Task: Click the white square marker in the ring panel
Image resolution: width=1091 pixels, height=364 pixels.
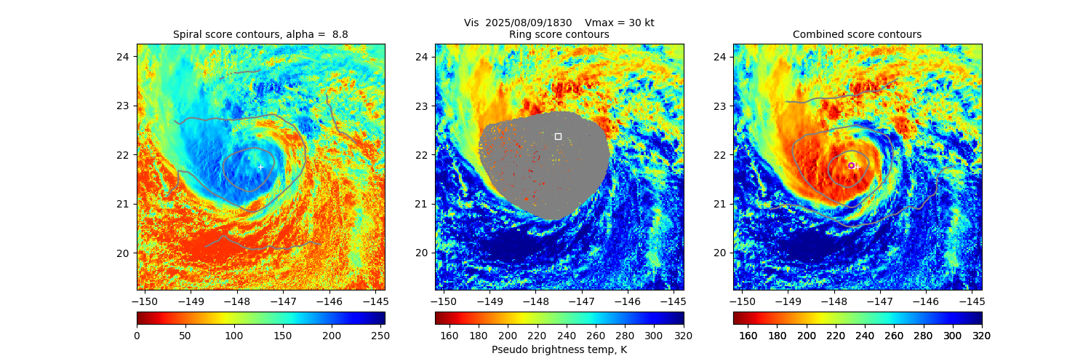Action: pos(558,136)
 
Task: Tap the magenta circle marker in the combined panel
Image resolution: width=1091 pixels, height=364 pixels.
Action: pos(851,165)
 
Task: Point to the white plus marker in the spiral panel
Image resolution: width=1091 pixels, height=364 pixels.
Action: pos(260,167)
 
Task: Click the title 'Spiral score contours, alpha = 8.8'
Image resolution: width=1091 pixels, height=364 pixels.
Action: pos(260,34)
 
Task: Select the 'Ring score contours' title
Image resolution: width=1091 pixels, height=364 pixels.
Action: pos(559,34)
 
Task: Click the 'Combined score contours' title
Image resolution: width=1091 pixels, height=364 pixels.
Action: pos(857,34)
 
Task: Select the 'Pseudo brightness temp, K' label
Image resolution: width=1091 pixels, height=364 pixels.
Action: pos(559,349)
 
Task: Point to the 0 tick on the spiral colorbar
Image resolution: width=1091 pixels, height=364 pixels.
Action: pos(137,336)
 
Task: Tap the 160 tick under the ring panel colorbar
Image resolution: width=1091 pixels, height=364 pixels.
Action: pos(449,336)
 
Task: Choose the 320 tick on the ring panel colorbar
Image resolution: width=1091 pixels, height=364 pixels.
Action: pos(684,336)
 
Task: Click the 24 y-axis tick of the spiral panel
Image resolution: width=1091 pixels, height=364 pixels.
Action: pos(124,57)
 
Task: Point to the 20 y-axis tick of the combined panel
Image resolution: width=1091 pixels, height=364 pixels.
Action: pos(720,253)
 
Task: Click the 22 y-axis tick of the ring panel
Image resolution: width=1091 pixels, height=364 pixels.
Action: pos(422,154)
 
